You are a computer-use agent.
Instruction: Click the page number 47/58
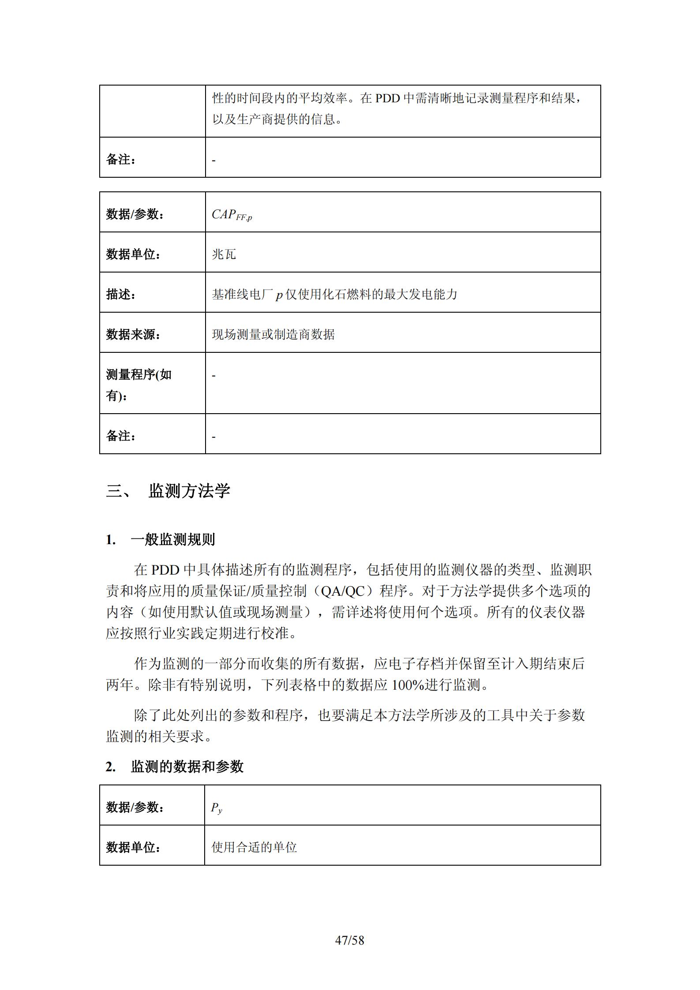[350, 941]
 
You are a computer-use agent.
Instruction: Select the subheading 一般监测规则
[172, 539]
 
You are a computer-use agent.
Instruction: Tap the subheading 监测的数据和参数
[187, 766]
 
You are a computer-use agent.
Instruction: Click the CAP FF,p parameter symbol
[232, 215]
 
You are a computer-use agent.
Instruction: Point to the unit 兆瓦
[224, 254]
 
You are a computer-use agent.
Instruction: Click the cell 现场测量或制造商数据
[273, 335]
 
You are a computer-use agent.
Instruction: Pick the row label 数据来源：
[134, 335]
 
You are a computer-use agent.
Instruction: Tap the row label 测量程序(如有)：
[139, 385]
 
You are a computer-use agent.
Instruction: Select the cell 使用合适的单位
[254, 847]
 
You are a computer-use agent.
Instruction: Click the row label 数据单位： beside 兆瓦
[134, 254]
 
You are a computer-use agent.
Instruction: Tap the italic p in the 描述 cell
[279, 295]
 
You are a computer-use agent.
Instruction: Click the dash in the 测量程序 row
[214, 376]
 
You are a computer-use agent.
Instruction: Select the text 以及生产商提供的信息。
[277, 120]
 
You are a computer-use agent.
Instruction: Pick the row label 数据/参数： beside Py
[135, 807]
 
